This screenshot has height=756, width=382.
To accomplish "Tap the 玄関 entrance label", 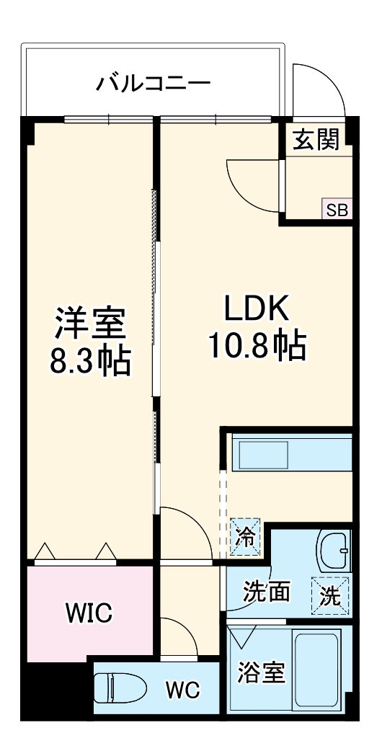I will point(316,140).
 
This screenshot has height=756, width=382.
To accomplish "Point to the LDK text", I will point(257,309).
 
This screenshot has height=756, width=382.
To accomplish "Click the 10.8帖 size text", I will point(257,347).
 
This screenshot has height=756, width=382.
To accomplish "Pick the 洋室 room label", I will point(91,324).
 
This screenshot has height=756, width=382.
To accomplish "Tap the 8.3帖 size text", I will point(91,362).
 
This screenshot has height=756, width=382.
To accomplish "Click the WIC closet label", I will point(89,613).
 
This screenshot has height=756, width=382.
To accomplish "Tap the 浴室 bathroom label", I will point(261,673).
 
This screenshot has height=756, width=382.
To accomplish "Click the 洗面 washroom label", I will point(266,592).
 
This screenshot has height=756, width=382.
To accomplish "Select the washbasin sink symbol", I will point(334,549).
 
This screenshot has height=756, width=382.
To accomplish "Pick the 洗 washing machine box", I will point(330,595).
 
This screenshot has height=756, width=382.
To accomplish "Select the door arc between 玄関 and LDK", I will point(253,184).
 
